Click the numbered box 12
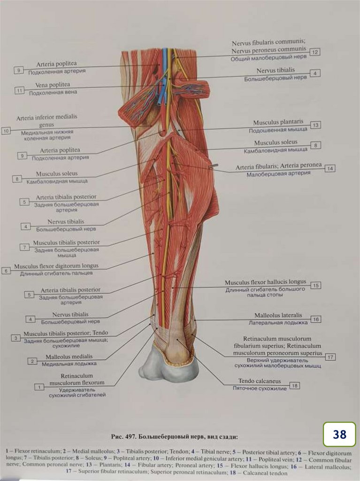[x=315, y=52]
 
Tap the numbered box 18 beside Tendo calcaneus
[x=295, y=386]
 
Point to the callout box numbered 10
[x=6, y=131]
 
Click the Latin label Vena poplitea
[x=53, y=85]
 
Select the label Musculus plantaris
[x=278, y=122]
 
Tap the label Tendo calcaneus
[x=259, y=381]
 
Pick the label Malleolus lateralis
[x=278, y=315]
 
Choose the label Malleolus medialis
[x=69, y=357]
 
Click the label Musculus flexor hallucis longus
[x=265, y=282]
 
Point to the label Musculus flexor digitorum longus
[x=56, y=266]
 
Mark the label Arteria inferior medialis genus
[x=46, y=121]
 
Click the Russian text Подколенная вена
[x=53, y=93]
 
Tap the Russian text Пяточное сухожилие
[x=259, y=388]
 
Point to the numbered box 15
[x=316, y=285]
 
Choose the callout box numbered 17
[x=330, y=357]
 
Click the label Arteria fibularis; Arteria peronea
[x=279, y=166]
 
